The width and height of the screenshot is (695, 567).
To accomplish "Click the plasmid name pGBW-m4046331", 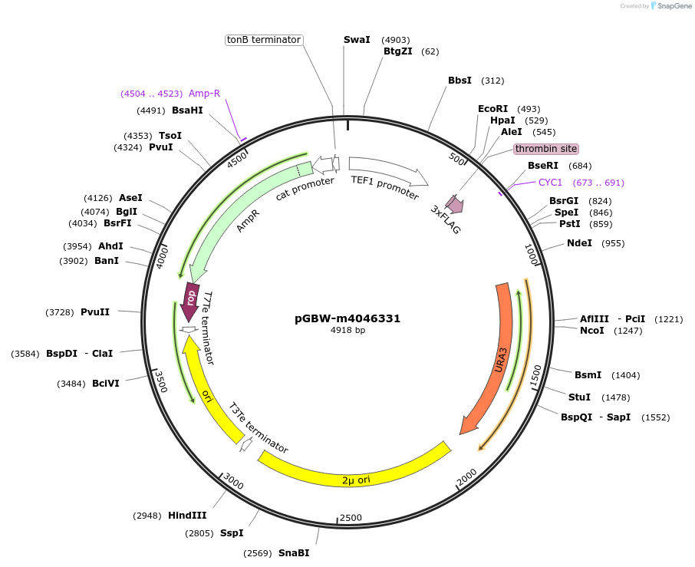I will [347, 318].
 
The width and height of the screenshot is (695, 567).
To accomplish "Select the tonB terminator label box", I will [264, 40].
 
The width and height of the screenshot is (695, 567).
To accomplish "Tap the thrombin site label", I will [545, 149].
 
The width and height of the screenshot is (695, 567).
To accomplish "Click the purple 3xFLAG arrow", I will [455, 203].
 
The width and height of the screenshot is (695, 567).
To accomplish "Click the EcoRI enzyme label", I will [493, 109].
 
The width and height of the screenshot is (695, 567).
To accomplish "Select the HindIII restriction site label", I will [187, 516].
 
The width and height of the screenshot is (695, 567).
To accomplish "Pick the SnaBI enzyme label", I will [294, 553].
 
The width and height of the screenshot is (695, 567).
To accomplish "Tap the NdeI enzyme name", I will [579, 243].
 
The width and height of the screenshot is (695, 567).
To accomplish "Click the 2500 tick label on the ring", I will [351, 518].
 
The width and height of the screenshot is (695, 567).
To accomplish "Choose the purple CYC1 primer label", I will [550, 183].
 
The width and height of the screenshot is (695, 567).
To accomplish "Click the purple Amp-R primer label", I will [204, 94].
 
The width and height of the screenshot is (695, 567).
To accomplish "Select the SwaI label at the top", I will [357, 40].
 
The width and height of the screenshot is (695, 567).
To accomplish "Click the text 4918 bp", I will [347, 331].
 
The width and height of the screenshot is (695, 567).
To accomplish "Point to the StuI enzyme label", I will [579, 397].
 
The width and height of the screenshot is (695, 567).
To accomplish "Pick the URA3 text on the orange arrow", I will [500, 361].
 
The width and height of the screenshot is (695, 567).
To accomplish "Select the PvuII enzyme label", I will [95, 312].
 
